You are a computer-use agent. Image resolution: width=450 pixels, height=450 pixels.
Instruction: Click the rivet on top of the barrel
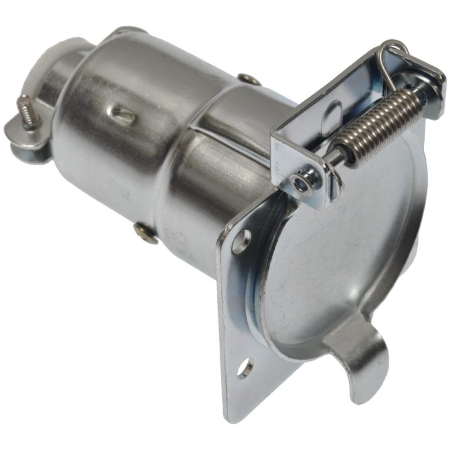click(x=250, y=79)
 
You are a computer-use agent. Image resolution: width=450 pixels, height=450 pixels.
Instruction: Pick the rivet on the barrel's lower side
click(x=145, y=233)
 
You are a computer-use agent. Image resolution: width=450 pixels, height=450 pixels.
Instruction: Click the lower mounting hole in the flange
click(x=245, y=369)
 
